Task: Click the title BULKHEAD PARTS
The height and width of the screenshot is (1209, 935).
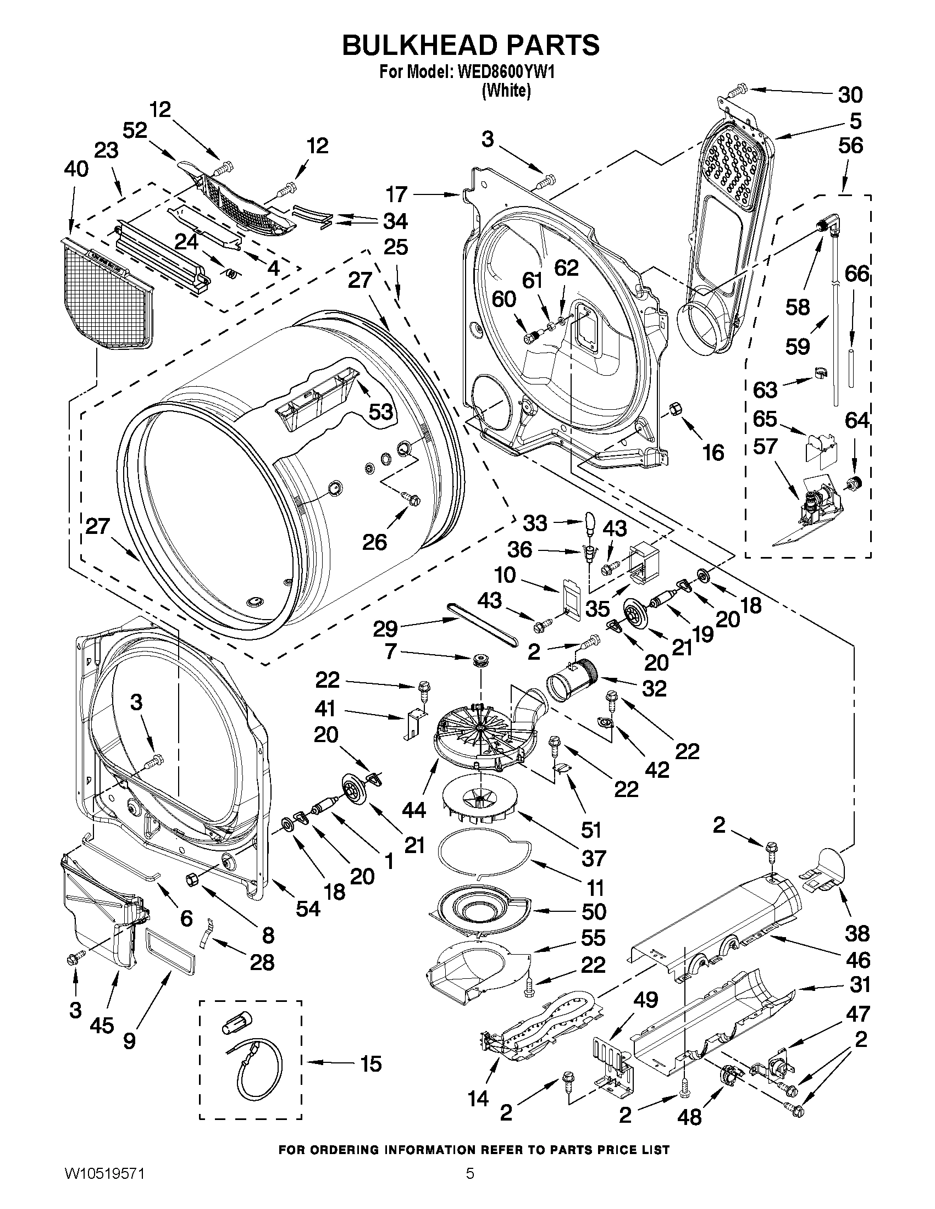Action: [471, 46]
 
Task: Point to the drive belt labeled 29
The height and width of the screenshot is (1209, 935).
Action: [483, 625]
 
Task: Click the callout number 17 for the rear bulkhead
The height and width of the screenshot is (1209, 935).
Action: [397, 194]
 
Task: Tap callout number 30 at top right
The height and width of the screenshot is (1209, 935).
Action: [850, 95]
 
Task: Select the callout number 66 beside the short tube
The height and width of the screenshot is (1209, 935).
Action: [857, 274]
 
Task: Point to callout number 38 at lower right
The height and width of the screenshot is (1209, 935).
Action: [857, 933]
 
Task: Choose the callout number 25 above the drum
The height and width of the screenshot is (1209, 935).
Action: [395, 247]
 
